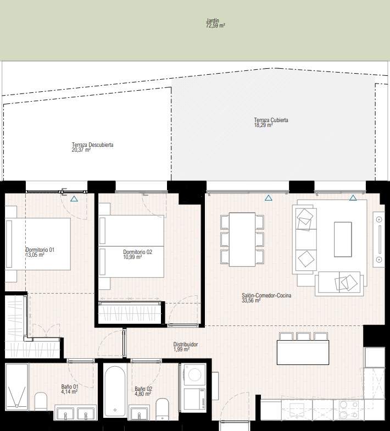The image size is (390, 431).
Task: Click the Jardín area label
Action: (x=215, y=23)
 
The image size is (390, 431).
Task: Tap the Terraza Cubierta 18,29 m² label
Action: (x=271, y=123)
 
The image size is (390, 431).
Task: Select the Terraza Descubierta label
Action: (x=92, y=147)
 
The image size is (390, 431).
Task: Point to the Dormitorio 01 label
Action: (x=40, y=252)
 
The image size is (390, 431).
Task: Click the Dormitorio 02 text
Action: (x=137, y=254)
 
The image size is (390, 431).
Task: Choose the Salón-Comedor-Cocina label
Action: (x=266, y=298)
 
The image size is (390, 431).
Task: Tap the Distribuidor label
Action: (x=186, y=346)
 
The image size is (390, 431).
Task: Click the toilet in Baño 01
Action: (x=41, y=401)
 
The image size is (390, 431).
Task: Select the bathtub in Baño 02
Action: (x=115, y=391)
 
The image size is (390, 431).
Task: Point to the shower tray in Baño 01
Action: (x=16, y=387)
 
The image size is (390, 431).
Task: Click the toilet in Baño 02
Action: (x=162, y=409)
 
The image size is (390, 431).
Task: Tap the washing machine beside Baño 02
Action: (x=194, y=375)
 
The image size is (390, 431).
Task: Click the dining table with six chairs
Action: (x=242, y=240)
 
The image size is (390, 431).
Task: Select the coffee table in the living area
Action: (x=343, y=240)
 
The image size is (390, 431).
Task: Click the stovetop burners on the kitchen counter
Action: (x=348, y=410)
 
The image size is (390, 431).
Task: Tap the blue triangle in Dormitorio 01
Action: (x=74, y=199)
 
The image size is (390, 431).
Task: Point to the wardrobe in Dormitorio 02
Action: (x=130, y=312)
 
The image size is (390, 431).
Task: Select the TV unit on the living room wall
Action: (x=379, y=240)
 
